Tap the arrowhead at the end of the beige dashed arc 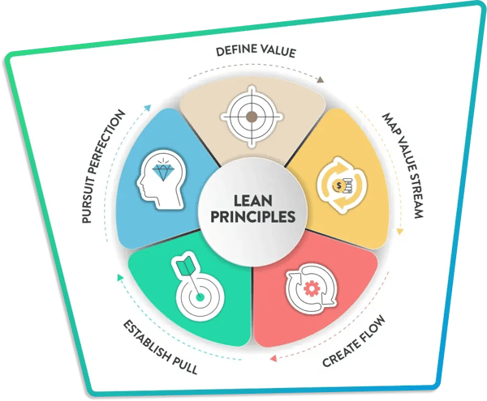pos(321,79)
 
